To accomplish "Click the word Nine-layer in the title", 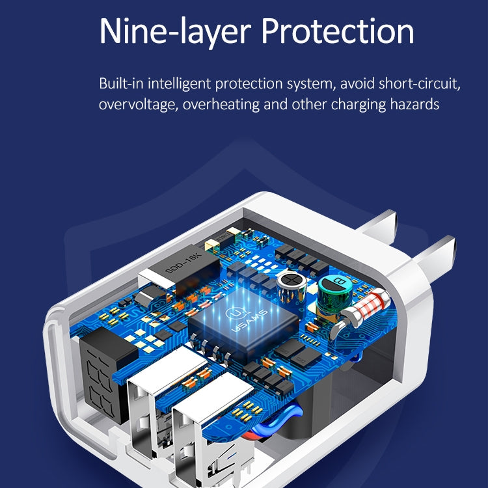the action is pos(175,32).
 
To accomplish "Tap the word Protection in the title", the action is pos(338,31).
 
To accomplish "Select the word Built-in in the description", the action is pos(121,83).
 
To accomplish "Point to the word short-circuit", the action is pos(419,84).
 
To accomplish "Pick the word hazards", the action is pos(414,104).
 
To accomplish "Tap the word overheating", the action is pos(221,105).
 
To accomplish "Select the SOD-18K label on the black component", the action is pos(183,264).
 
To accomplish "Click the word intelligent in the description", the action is pos(179,84).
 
